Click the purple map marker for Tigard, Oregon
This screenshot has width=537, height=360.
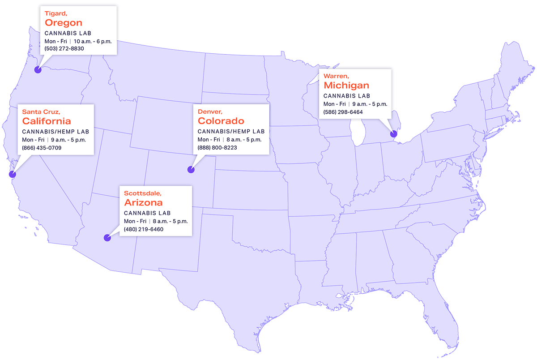38,70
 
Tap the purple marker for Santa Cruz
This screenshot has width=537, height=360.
13,175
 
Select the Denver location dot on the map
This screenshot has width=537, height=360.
191,170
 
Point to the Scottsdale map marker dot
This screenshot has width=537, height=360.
107,238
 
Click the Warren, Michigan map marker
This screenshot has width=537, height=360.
394,133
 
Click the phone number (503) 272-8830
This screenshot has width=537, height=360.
64,48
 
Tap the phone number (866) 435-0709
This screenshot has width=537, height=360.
42,148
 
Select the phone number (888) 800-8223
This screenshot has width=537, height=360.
217,148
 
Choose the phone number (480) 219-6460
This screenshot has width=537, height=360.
144,229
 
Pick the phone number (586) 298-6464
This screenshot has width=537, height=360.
343,112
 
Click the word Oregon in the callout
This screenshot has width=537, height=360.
64,23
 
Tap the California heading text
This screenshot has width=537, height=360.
47,121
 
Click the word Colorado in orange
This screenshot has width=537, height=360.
221,121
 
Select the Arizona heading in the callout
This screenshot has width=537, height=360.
143,202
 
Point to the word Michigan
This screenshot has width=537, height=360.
346,85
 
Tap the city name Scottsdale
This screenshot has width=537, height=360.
143,193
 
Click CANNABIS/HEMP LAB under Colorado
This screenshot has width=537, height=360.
231,132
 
